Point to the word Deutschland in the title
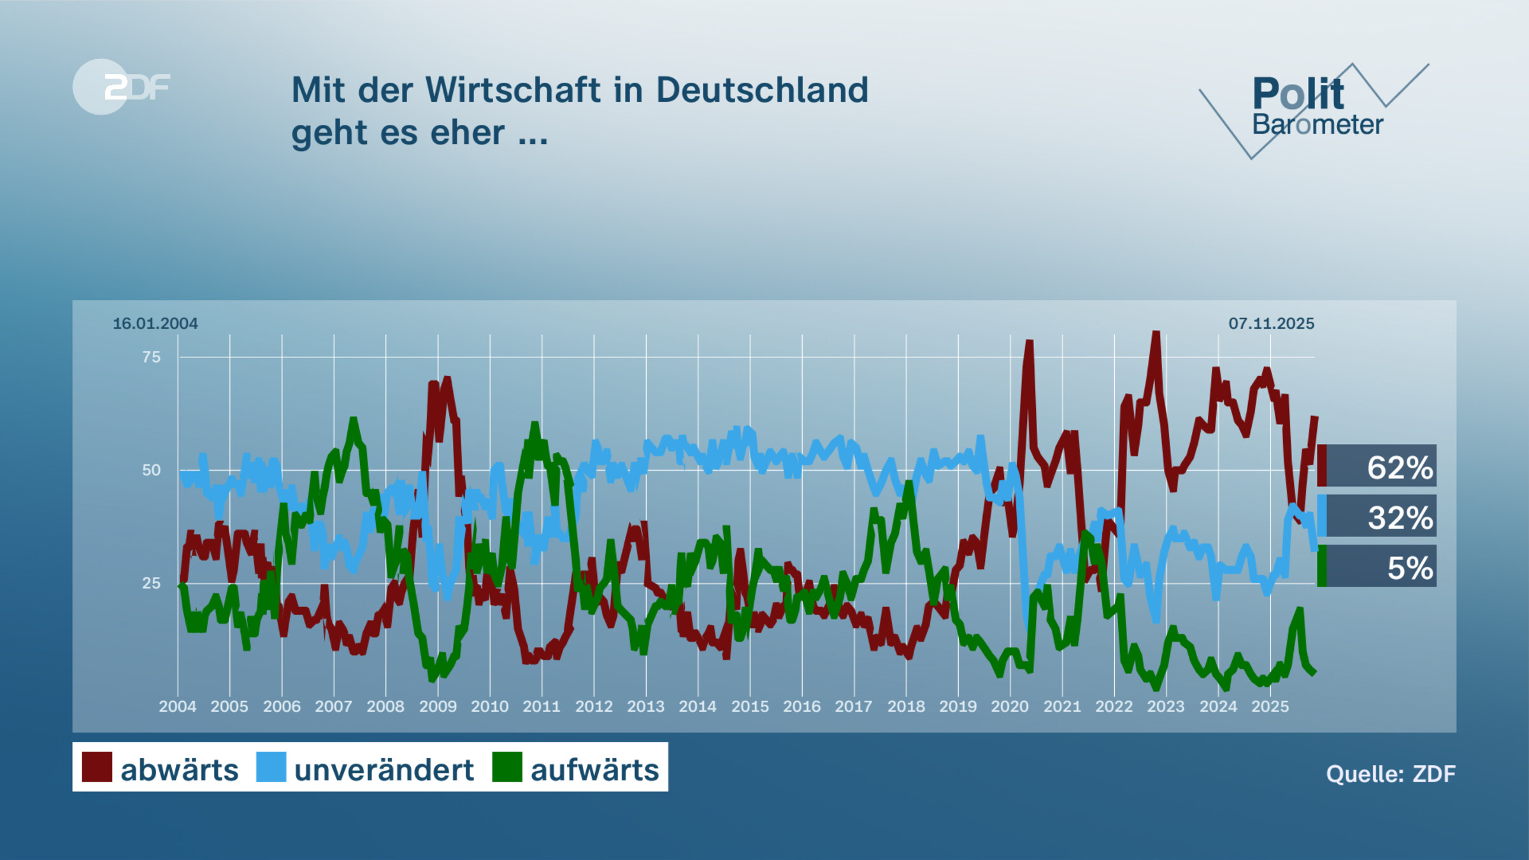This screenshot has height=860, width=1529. pos(762,90)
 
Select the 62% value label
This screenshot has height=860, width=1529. pos(1399,467)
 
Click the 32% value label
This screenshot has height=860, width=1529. pos(1400,517)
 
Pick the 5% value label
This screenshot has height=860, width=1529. pos(1409,568)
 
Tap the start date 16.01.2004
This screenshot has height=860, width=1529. pos(155,324)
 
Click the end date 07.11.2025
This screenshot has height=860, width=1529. pos(1271,324)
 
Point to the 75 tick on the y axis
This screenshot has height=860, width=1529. pos(152,357)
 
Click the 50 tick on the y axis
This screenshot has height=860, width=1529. pos(152,470)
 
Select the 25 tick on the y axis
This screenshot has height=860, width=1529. pos(152,583)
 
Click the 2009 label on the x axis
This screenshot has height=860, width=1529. pos(438,706)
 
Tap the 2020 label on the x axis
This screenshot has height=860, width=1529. pos(1010,706)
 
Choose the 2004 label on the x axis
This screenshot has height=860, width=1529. pos(178,706)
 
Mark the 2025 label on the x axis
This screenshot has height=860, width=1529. pos(1270,706)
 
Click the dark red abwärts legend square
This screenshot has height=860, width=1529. pos(97,766)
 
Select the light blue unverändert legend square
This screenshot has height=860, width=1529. pos(271,766)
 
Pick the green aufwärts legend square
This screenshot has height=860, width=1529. pos(507,766)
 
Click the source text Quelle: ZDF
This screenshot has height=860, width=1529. pos(1391,773)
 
